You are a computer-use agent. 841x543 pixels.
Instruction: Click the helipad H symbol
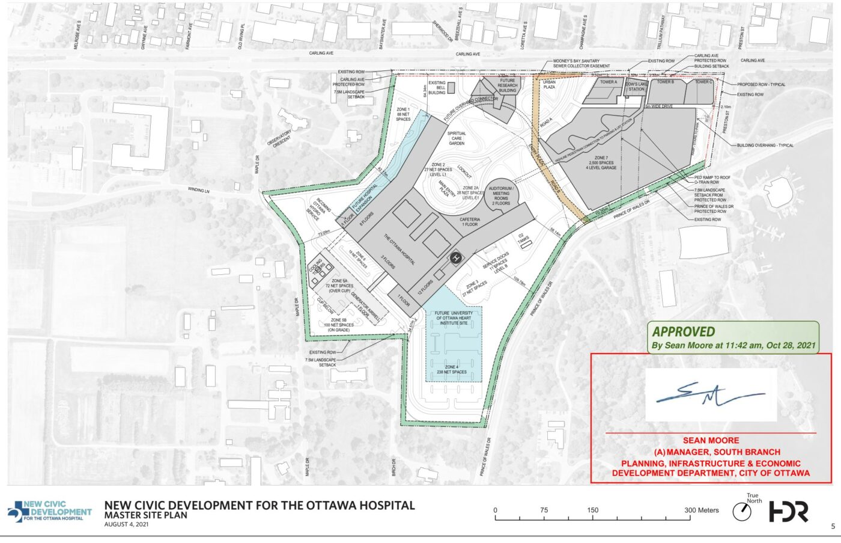coord(456,259)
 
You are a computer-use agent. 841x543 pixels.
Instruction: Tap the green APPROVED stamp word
coord(684,332)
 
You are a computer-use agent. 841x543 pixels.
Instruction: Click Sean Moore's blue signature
coord(709,394)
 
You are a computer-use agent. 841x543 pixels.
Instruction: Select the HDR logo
coord(789,512)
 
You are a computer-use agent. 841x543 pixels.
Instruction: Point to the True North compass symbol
coord(742,512)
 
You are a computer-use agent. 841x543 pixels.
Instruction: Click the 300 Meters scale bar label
coord(702,510)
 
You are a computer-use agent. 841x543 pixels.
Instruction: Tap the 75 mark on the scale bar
coord(544,510)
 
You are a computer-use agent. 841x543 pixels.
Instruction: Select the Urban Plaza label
coord(549,84)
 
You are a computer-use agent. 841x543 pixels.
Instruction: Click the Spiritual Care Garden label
coord(457,138)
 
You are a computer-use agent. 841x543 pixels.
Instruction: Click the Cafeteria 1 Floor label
coord(470,222)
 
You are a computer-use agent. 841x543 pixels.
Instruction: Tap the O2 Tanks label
coord(524,239)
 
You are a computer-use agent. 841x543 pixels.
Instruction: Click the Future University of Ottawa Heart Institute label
coord(454,318)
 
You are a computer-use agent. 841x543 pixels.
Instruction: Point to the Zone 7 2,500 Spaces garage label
coord(601,163)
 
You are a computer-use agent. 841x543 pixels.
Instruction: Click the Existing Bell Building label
coord(437,88)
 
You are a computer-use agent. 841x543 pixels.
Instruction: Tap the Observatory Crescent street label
coord(280,138)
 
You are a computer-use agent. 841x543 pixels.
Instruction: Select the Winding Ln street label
coord(198,190)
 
